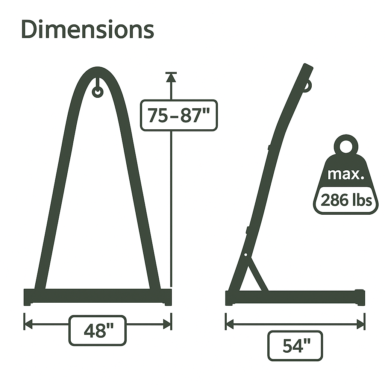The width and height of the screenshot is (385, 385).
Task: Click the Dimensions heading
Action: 88,30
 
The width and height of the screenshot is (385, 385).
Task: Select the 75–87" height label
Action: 179,115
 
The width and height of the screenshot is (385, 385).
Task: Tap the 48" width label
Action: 97,330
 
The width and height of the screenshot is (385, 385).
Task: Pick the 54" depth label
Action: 295,346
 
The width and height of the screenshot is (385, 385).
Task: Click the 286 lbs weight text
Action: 346,200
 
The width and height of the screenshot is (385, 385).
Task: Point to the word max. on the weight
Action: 346,174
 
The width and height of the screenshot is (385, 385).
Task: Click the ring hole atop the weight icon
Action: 346,147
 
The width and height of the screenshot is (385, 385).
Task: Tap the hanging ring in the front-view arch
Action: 97,92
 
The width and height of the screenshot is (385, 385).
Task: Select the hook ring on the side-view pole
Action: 308,86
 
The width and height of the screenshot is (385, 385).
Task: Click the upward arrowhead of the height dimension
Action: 171,77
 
